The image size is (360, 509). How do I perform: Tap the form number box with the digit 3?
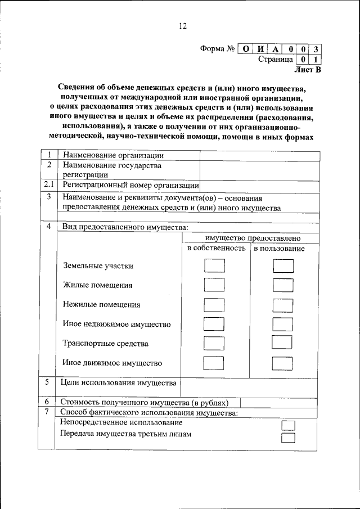pos(316,49)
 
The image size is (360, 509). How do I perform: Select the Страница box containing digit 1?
pos(316,59)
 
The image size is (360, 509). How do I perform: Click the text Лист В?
pos(308,70)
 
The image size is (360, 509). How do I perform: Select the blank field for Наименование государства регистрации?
pos(259,169)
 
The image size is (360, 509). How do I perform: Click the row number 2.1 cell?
pos(48,184)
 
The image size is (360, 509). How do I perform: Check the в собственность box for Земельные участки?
pos(214,265)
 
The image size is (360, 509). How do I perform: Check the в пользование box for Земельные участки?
pos(282,265)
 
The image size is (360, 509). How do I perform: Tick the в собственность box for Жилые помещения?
pos(214,285)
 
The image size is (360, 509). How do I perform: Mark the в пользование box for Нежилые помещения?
pos(282,305)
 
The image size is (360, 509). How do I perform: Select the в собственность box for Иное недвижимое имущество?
pos(214,324)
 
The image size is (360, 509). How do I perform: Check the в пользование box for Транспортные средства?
pos(282,343)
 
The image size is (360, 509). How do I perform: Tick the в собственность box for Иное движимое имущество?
pos(214,362)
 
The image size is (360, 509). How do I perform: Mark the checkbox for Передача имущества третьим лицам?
pos(288,438)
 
